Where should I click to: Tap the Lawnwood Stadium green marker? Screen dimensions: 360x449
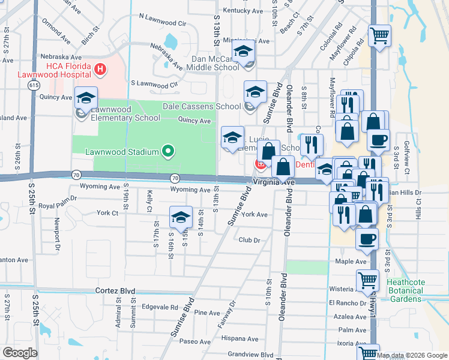coord(168,151)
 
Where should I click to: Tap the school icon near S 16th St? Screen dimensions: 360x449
coord(181,218)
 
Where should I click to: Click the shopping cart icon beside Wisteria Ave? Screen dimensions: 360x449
coord(367,280)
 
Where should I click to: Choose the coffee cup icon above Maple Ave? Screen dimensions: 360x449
coord(367,239)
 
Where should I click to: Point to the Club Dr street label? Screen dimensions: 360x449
coord(249,240)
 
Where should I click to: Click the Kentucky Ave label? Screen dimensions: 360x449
coord(243,10)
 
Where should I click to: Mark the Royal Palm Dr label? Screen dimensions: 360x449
coord(58,197)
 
